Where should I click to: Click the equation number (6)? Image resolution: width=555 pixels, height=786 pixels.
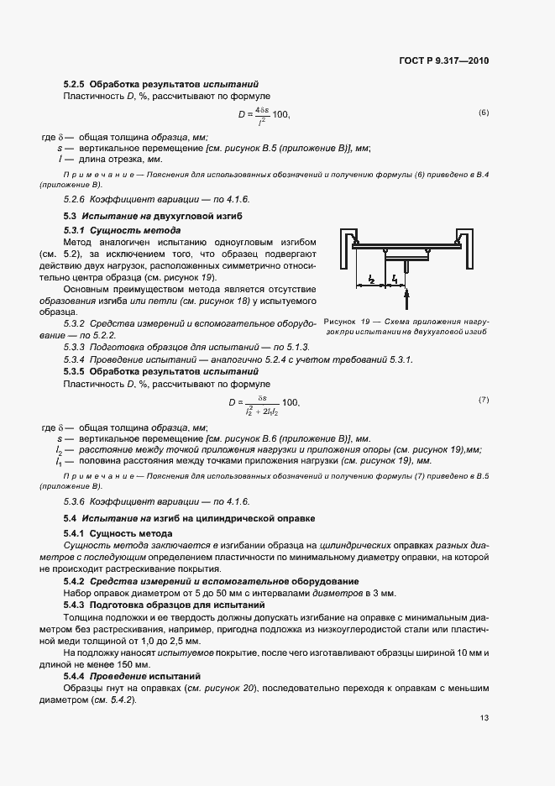(484, 113)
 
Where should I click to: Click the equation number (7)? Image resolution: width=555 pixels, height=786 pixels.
(484, 399)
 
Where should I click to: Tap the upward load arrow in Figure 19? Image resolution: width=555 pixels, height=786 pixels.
(406, 297)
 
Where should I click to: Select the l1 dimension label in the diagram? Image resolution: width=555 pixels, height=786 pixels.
(394, 278)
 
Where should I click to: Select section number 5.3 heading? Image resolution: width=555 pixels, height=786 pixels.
(70, 217)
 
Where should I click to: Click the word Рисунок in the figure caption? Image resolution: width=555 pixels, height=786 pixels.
(340, 322)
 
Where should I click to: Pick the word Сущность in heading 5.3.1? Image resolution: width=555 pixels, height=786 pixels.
(112, 229)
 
